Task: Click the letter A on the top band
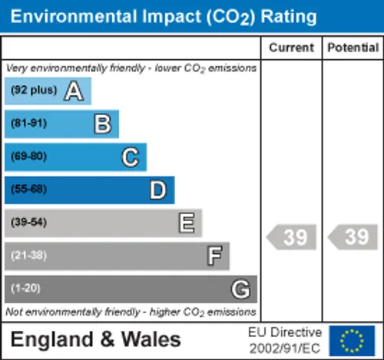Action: (74, 91)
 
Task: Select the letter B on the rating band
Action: (103, 124)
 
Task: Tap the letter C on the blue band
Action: (131, 157)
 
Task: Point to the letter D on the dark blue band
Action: (158, 190)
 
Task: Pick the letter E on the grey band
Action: (187, 223)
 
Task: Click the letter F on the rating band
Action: (214, 256)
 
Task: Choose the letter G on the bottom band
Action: (240, 289)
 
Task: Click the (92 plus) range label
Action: (34, 90)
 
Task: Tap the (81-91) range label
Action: (28, 123)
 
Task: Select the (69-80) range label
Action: (28, 156)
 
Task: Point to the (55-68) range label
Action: (28, 189)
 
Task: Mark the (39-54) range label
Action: (28, 222)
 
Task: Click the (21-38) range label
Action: (28, 255)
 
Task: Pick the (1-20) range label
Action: (25, 288)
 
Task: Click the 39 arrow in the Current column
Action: (291, 237)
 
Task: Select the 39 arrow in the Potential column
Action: (353, 237)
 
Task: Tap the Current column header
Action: (291, 48)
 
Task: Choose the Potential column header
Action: (353, 48)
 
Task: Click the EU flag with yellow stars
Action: (352, 341)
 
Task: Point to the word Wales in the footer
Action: (151, 339)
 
